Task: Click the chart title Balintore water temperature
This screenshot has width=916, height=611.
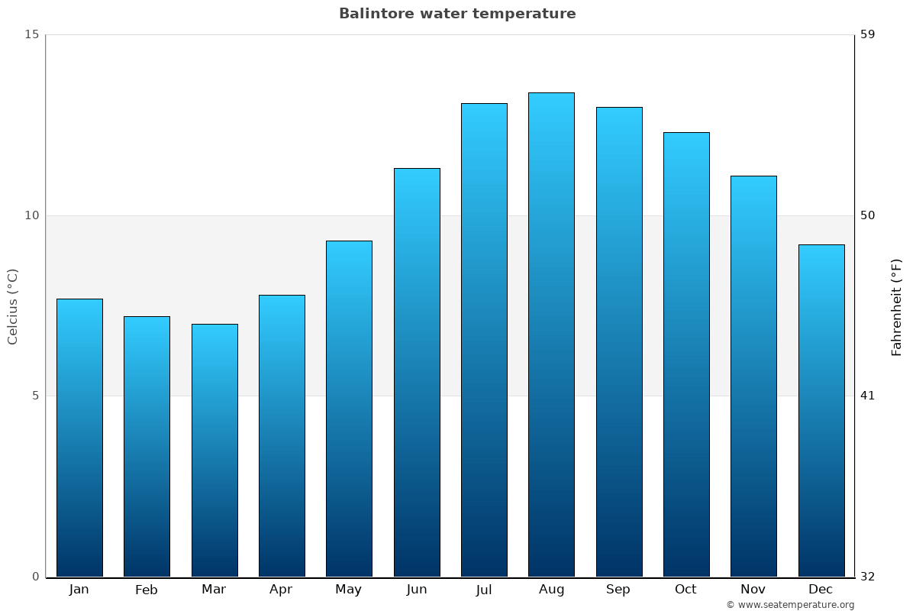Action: point(457,14)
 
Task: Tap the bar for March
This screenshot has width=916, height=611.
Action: point(214,451)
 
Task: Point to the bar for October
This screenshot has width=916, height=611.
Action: point(686,354)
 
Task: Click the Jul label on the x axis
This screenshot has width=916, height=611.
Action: point(484,590)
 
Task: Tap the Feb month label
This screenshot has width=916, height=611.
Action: point(147,590)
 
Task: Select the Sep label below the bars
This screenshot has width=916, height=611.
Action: point(618,590)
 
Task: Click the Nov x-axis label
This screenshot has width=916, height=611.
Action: point(753,590)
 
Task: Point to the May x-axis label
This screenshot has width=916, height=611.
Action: point(349,590)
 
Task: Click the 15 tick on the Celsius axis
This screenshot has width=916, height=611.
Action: point(31,34)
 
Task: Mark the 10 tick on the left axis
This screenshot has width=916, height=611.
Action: point(31,215)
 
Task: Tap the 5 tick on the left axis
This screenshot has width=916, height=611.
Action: point(35,396)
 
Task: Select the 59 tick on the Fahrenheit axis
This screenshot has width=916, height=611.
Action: point(868,34)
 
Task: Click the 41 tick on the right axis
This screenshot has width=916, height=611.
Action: point(868,396)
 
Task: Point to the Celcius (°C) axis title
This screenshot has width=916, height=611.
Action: point(13,306)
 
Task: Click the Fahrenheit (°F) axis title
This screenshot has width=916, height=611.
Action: point(897,306)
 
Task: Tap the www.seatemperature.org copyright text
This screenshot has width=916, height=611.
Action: point(790,605)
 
